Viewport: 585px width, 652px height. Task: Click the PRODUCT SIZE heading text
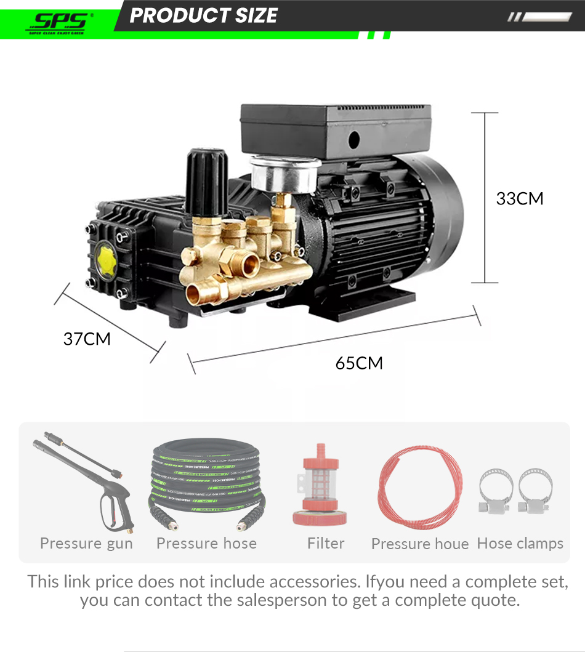click(203, 15)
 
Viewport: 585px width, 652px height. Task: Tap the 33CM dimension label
click(520, 199)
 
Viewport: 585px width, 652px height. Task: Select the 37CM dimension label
click(87, 339)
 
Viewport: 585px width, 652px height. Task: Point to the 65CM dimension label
click(359, 363)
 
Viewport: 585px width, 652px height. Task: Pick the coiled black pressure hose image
click(206, 483)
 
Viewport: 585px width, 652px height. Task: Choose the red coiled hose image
click(419, 486)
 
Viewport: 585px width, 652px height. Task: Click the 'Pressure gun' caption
click(86, 544)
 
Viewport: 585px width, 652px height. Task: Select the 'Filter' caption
click(326, 544)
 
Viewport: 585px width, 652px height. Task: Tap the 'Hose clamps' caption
click(520, 544)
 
